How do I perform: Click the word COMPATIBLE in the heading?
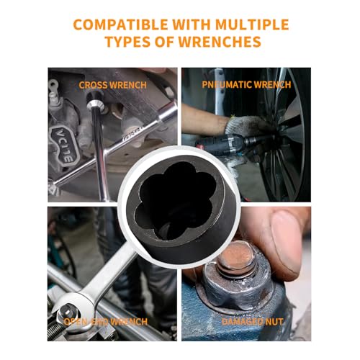click(x=120, y=24)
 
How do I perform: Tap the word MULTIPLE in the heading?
click(x=252, y=24)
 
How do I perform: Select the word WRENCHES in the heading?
click(x=220, y=42)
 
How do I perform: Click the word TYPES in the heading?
click(x=128, y=42)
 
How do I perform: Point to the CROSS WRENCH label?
click(x=112, y=85)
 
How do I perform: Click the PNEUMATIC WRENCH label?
click(x=246, y=84)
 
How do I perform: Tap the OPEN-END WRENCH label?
click(x=105, y=322)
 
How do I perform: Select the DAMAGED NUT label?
click(x=253, y=322)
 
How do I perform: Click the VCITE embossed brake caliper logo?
click(x=64, y=145)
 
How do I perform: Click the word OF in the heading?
click(x=165, y=42)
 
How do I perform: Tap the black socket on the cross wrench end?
click(x=94, y=98)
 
